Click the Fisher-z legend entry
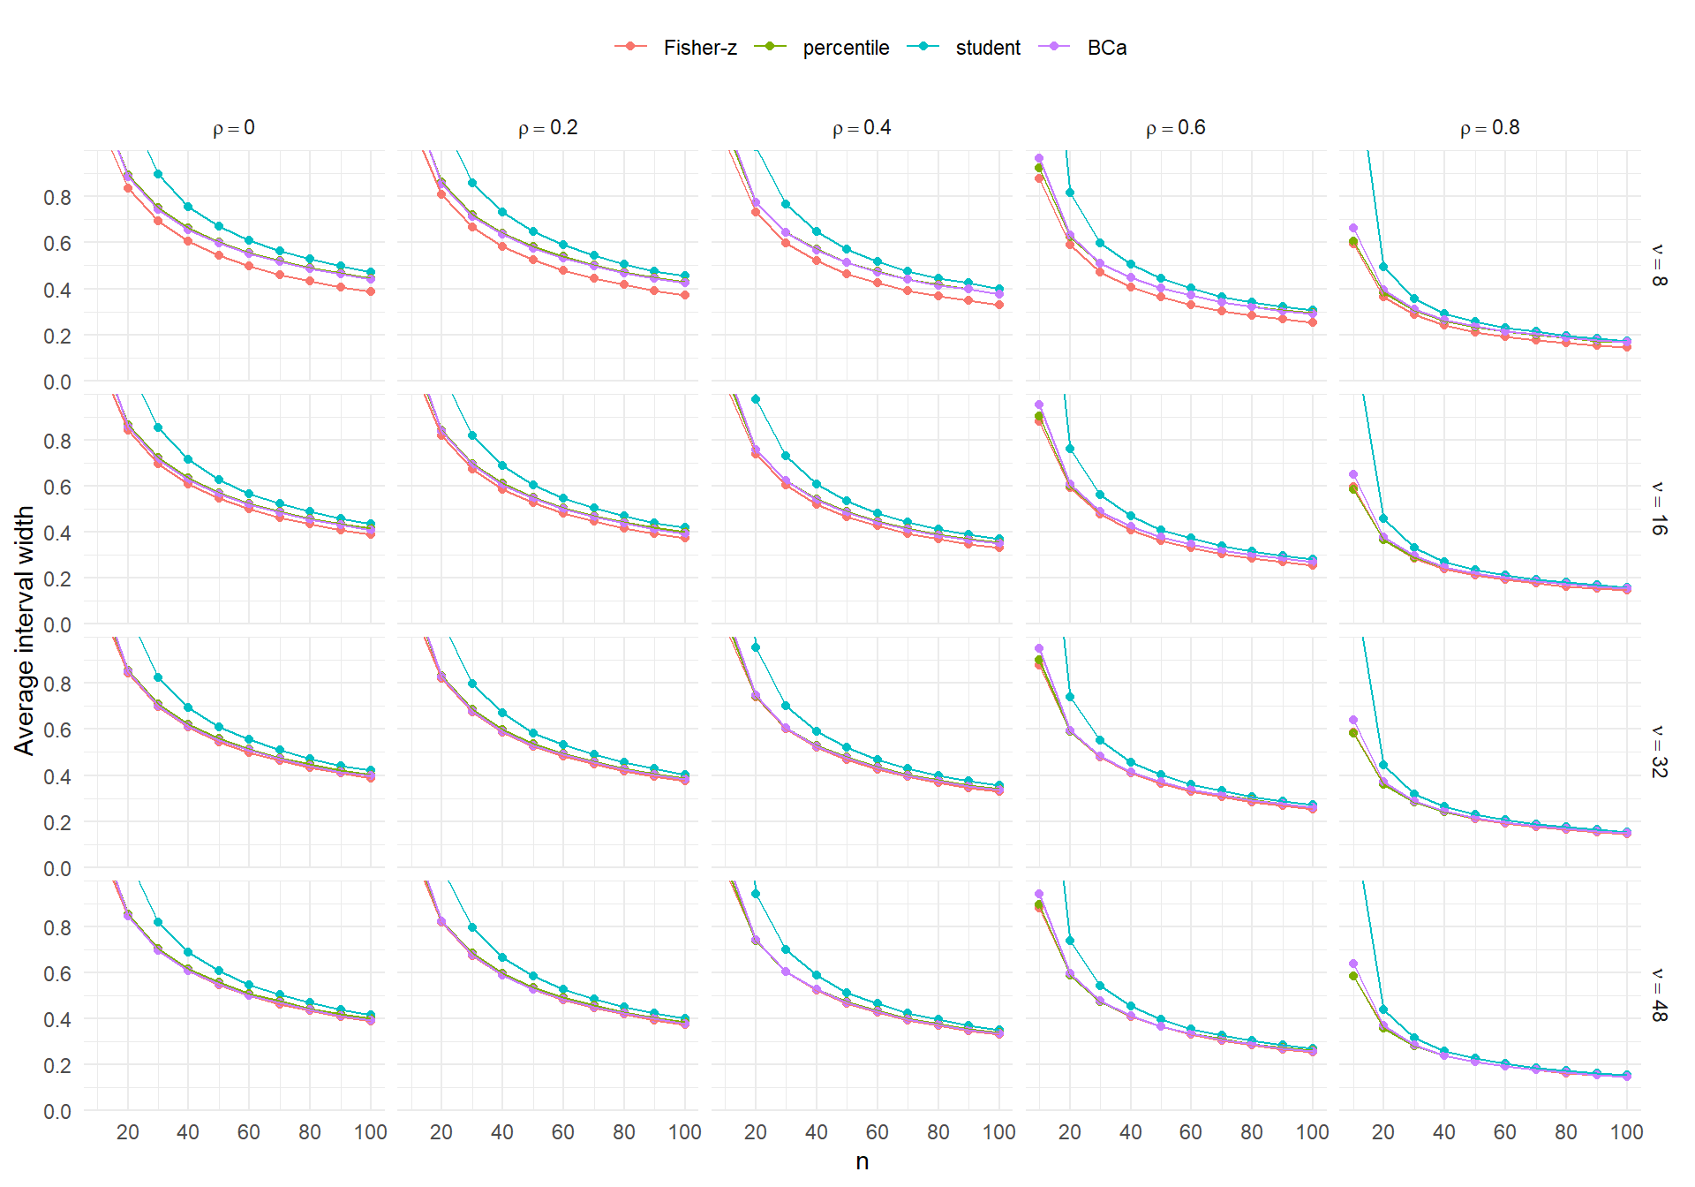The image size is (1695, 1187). pos(676,48)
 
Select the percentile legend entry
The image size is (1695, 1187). pos(822,48)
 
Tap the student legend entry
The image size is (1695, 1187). pos(964,48)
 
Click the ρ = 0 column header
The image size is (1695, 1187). pos(234,128)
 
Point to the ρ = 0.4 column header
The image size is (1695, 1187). pos(862,128)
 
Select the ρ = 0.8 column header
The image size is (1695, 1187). pos(1490,128)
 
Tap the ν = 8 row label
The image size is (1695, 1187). pos(1659,266)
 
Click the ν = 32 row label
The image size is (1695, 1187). pos(1659,752)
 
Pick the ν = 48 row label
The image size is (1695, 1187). pos(1659,995)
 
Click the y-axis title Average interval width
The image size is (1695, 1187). pos(24,631)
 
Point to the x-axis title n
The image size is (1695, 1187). pos(863,1161)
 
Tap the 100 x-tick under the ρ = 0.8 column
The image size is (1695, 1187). pos(1626,1132)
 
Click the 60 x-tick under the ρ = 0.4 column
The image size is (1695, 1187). pos(878,1132)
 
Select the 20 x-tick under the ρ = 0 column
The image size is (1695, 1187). pos(127,1132)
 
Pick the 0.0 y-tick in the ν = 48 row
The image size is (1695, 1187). pos(57,1111)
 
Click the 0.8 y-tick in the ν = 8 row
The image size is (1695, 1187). pos(57,197)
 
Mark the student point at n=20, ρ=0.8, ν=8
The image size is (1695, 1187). pos(1383,267)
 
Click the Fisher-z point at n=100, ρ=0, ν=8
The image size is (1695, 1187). pos(371,291)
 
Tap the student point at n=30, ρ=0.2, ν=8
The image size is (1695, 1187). pos(472,183)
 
